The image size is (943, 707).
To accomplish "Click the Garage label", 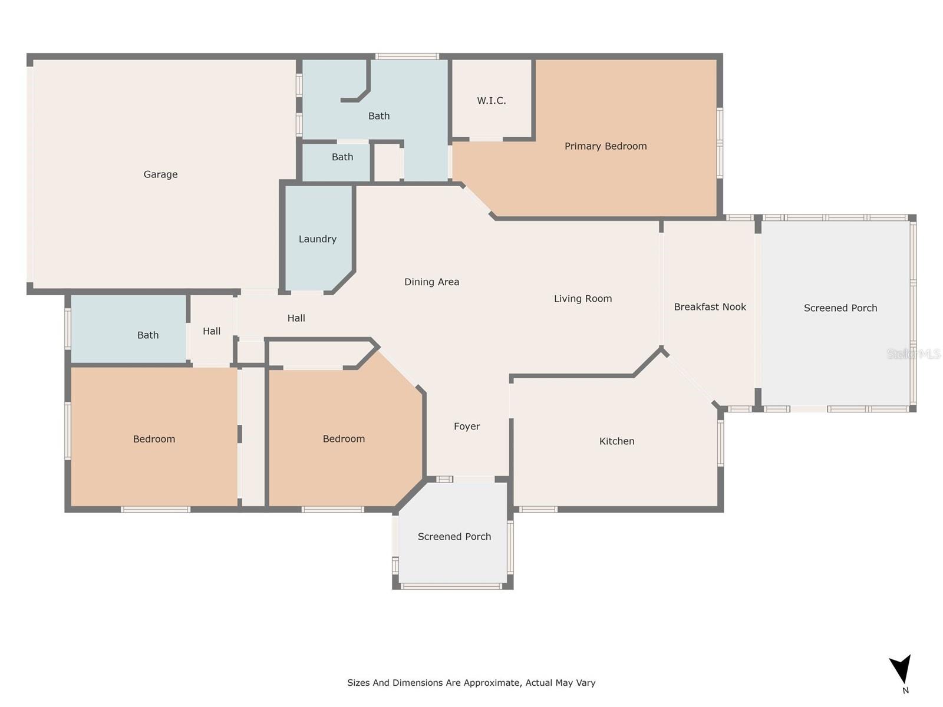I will (x=160, y=174).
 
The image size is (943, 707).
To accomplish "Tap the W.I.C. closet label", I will (x=492, y=101).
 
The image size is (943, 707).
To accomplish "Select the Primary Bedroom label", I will (x=605, y=146).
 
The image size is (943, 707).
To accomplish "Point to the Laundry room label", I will (x=317, y=239).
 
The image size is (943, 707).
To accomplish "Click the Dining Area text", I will (x=431, y=282).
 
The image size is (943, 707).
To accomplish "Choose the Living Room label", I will (x=582, y=299).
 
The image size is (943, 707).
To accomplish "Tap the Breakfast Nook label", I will (x=710, y=307).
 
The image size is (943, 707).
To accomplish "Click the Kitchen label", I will (x=616, y=441).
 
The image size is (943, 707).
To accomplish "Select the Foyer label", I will (x=467, y=427).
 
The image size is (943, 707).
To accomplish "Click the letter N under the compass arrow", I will (x=906, y=691).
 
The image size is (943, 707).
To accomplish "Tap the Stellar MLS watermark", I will (x=914, y=353).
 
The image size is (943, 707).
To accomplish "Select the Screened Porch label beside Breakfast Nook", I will (x=840, y=308).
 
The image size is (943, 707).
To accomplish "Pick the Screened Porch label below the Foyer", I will (x=454, y=537).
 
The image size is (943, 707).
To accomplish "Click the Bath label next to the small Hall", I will (x=148, y=335).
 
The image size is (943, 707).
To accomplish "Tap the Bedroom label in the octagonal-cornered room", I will (x=344, y=439).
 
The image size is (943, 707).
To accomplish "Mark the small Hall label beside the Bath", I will (x=212, y=331).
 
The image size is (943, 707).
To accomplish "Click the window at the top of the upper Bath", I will (x=407, y=57).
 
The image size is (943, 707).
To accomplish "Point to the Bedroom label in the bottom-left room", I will (x=154, y=439).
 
